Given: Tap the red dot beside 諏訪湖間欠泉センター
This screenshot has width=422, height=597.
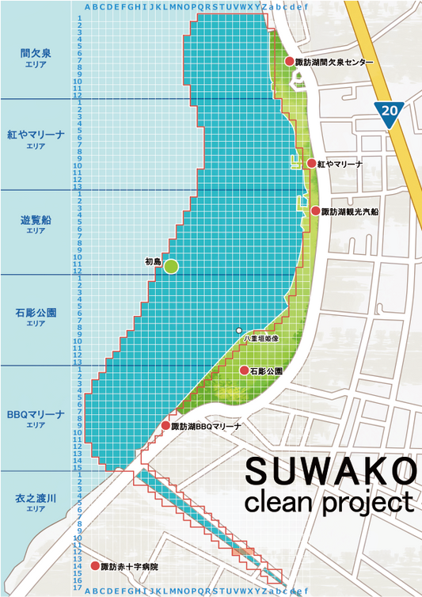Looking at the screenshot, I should (289, 62).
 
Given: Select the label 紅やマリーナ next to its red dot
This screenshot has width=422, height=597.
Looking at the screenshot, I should (340, 164).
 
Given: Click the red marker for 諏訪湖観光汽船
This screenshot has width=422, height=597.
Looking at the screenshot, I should (314, 211).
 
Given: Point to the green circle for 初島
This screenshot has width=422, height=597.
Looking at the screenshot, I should (171, 267).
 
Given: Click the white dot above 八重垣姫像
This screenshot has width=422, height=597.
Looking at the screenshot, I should (238, 329).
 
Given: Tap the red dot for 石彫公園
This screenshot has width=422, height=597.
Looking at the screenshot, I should (244, 370).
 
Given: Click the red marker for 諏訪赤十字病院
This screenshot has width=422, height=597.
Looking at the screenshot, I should (93, 567).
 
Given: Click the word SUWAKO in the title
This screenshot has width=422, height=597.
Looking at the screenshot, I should (329, 472).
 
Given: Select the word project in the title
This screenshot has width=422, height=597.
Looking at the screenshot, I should (368, 504).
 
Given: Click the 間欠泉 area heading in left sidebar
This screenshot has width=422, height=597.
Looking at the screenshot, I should (36, 53).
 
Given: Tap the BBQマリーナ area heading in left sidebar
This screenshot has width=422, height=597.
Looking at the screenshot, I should (36, 414).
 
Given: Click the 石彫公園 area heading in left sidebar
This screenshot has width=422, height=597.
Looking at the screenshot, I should (36, 313).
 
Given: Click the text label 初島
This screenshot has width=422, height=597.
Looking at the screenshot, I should (153, 260).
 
